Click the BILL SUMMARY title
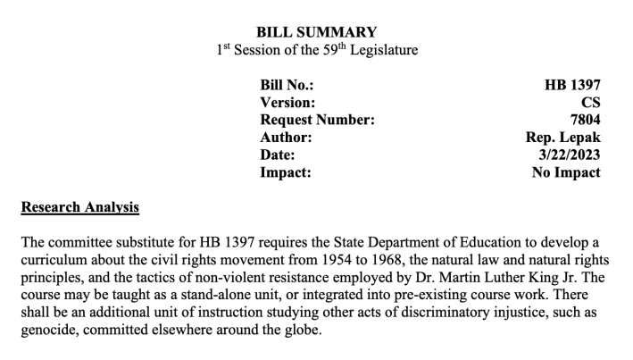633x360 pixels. [317, 32]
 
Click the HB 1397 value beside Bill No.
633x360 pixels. [572, 86]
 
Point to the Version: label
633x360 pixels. [289, 104]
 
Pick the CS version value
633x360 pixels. [590, 104]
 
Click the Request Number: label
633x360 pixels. [317, 121]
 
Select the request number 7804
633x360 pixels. [584, 121]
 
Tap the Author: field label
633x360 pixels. [286, 138]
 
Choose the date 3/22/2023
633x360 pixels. [570, 155]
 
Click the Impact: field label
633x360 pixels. [286, 172]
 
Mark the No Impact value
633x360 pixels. [566, 172]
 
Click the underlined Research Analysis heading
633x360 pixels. [79, 209]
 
